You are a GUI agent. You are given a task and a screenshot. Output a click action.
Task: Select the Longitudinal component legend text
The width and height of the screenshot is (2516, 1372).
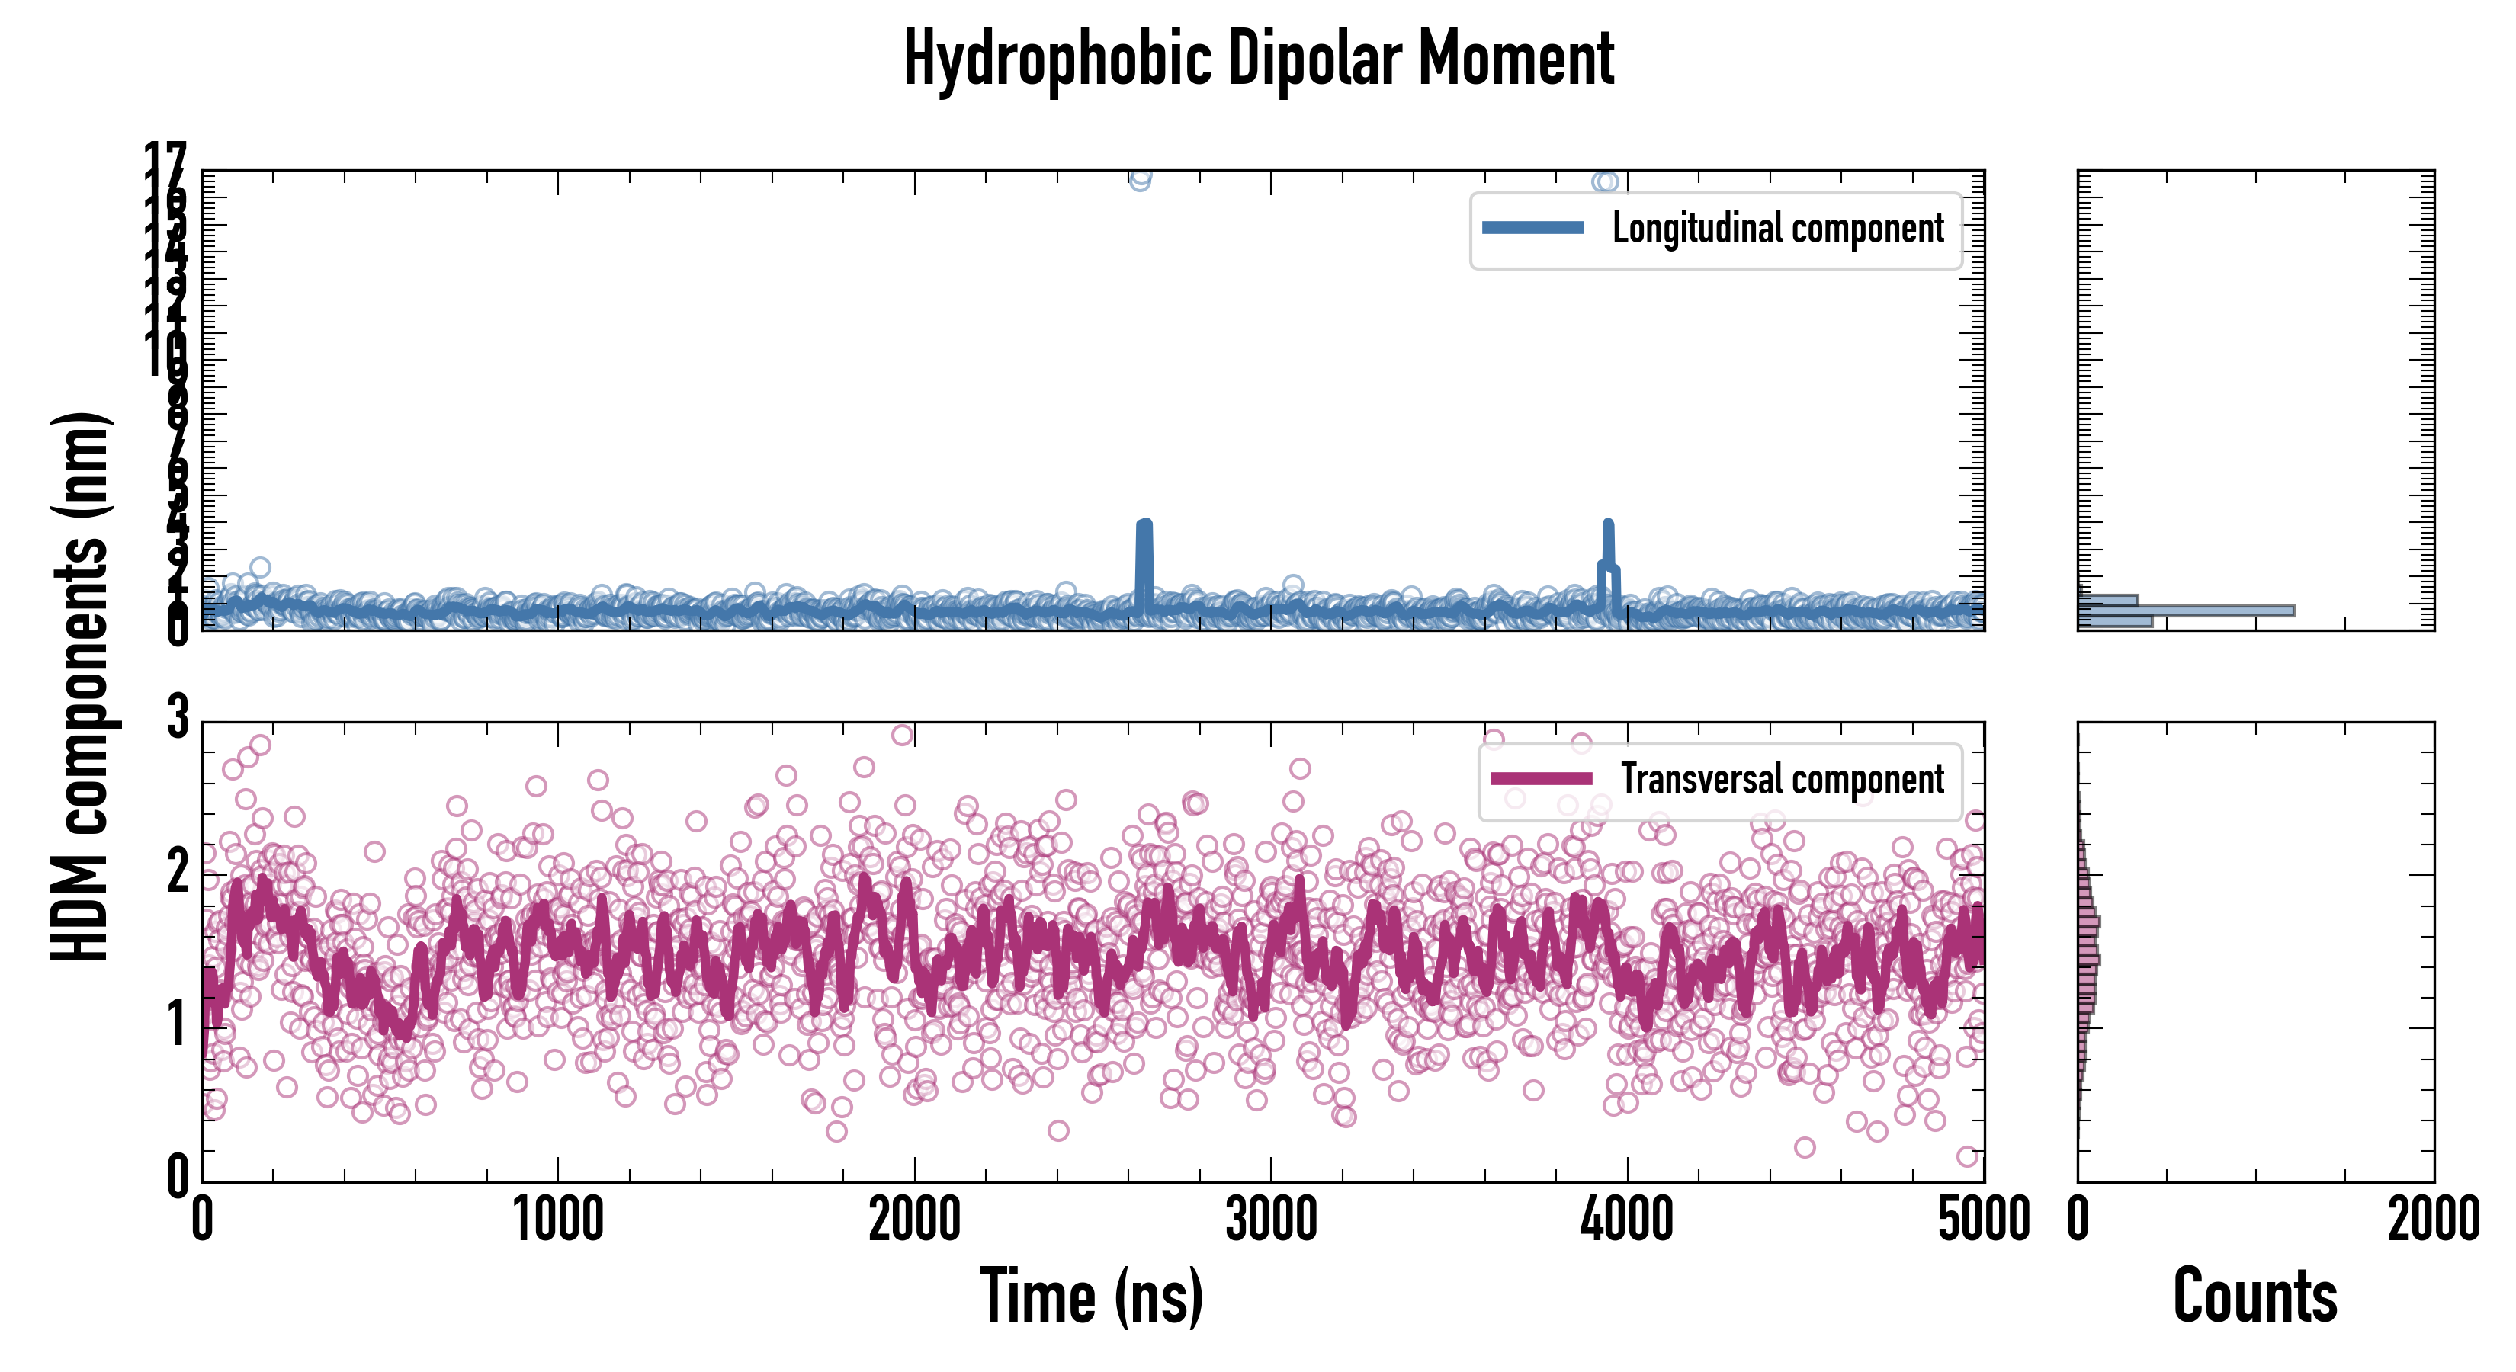[x=1778, y=229]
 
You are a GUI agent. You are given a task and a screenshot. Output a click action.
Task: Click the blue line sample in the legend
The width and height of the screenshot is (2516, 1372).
[x=1532, y=229]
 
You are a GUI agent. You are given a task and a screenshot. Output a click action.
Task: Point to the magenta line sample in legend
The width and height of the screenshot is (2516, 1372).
[x=1542, y=779]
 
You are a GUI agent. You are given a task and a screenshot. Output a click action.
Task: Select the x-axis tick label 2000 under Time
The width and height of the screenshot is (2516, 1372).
[x=914, y=1220]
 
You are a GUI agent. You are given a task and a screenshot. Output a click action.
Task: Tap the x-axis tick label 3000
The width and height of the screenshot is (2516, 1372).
[x=1271, y=1220]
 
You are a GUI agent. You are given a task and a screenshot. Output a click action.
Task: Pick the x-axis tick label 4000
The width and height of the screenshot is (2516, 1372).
[x=1627, y=1220]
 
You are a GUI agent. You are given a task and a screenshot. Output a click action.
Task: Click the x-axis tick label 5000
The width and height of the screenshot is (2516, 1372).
[x=1984, y=1220]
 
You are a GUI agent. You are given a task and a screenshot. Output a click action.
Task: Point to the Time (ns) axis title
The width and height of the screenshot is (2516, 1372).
[x=1091, y=1297]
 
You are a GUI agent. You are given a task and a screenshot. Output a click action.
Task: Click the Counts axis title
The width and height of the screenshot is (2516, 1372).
[x=2255, y=1297]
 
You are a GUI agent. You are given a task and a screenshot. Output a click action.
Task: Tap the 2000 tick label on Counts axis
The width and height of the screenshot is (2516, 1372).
[x=2433, y=1220]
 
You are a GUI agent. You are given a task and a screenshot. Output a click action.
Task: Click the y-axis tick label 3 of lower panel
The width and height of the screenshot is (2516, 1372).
[x=177, y=718]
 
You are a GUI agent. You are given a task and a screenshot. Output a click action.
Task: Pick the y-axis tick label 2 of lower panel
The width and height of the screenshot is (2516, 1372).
[x=177, y=872]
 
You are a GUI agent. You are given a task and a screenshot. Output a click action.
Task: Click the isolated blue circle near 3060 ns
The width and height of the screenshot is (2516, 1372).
[x=1293, y=585]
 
